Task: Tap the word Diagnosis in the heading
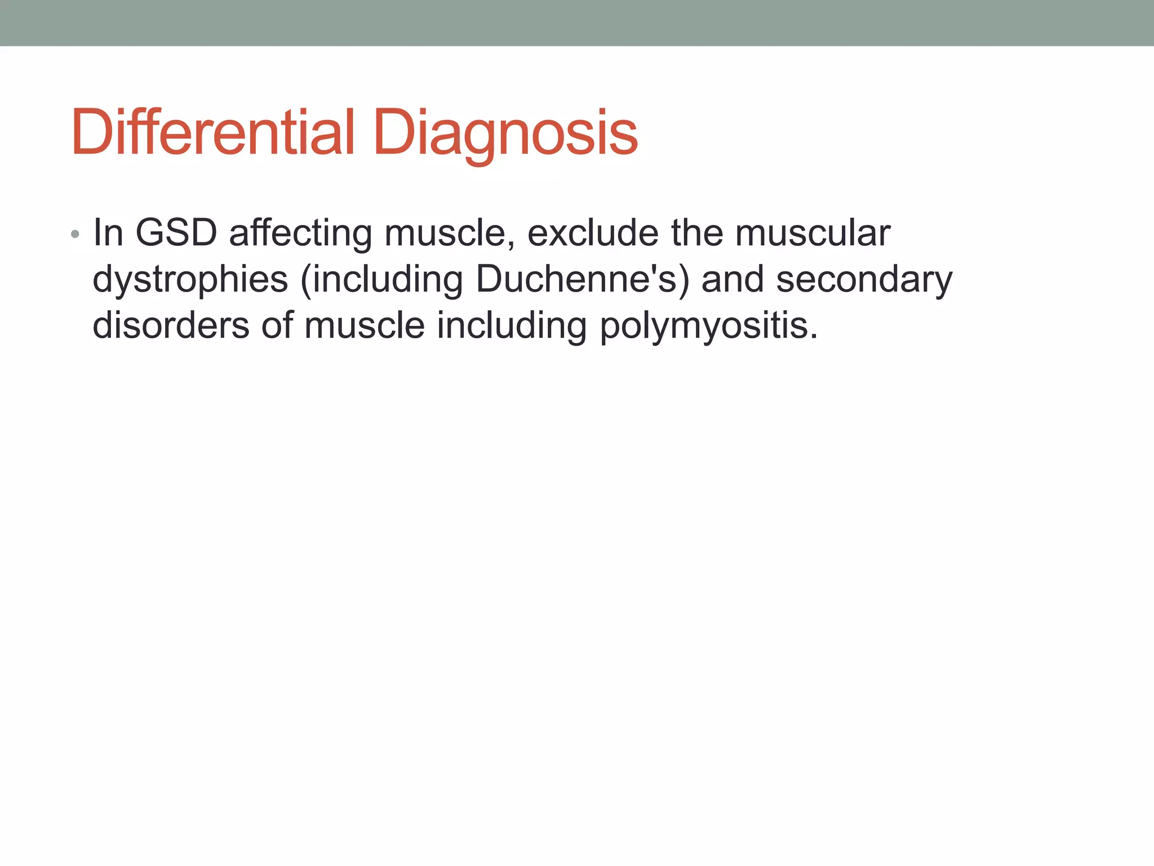click(x=505, y=133)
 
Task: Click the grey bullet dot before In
click(x=75, y=234)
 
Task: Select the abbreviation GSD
click(x=176, y=232)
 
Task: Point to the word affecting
click(x=300, y=233)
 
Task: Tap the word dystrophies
click(x=190, y=280)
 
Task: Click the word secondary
click(x=864, y=280)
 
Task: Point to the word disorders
click(x=171, y=325)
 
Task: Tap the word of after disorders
click(x=277, y=325)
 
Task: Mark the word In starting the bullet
click(x=108, y=232)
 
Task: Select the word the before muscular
click(x=697, y=232)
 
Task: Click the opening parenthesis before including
click(x=306, y=280)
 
